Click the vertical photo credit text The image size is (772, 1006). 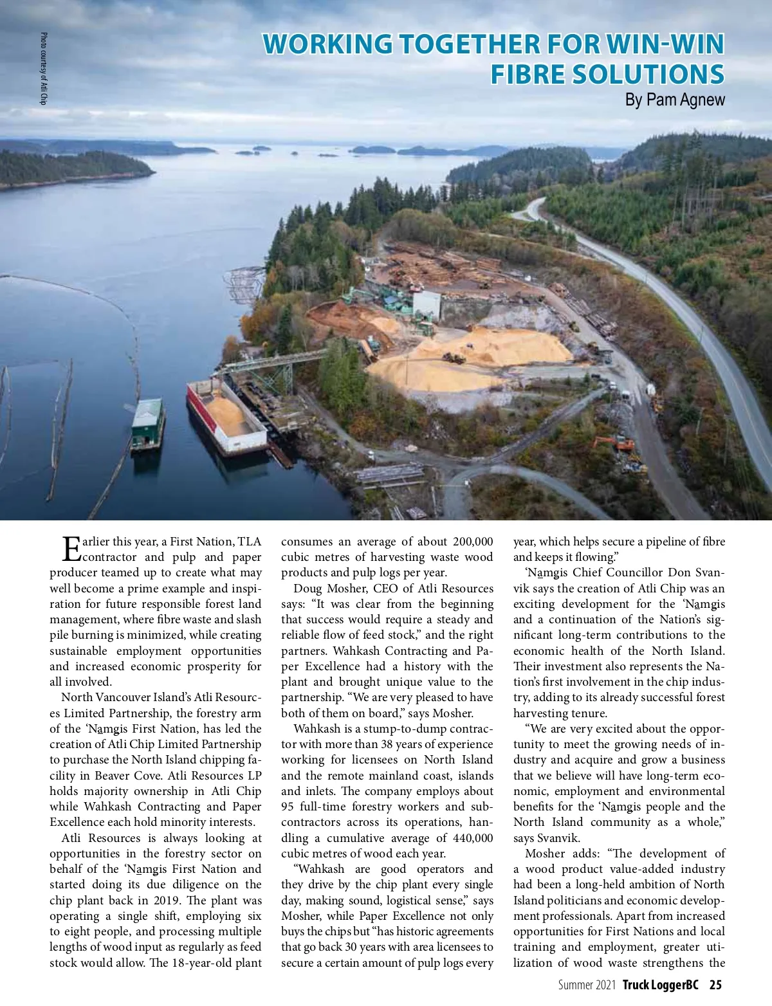coord(44,68)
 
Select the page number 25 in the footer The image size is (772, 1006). coord(715,985)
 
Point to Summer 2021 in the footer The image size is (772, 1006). coord(587,985)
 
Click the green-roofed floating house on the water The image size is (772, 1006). coord(147,422)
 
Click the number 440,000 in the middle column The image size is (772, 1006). coord(472,838)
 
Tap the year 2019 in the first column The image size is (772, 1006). coord(177,901)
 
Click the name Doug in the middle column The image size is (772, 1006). coord(307,589)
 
